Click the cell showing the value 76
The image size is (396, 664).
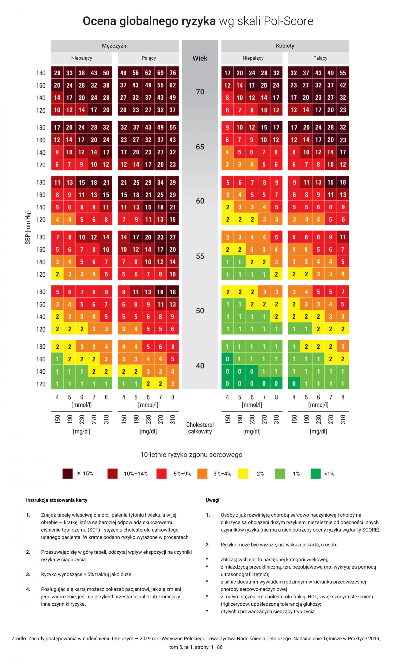point(173,73)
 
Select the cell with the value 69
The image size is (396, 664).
point(160,73)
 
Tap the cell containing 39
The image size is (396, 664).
point(173,182)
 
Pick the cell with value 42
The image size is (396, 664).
point(343,85)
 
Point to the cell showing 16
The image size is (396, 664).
point(160,292)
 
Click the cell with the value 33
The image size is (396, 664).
point(69,73)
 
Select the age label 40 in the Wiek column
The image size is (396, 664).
point(200,366)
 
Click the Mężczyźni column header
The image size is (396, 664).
point(115,46)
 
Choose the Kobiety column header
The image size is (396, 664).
point(285,46)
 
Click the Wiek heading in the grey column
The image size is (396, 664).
point(200,58)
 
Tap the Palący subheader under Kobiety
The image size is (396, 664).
point(320,58)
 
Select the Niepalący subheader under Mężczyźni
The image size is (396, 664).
point(82,58)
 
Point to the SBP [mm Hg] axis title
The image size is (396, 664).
point(28,228)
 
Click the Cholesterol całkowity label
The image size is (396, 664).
point(200,428)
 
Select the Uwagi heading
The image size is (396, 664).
point(212,500)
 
